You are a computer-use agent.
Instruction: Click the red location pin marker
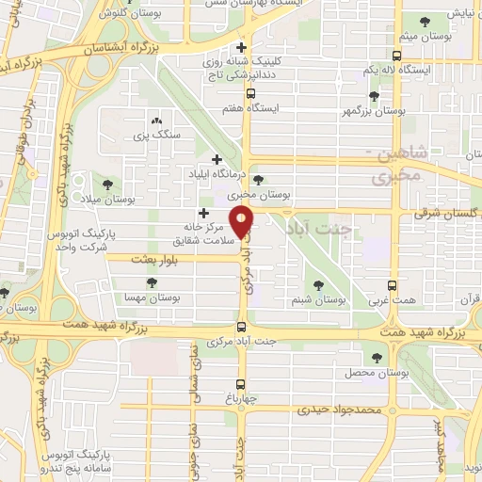point(243,221)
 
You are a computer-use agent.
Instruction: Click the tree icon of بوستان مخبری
point(259,181)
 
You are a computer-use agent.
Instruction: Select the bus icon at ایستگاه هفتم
point(250,94)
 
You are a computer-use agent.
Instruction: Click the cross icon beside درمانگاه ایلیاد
point(218,159)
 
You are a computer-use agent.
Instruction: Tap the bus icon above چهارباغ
point(242,383)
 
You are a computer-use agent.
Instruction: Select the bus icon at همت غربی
point(393,286)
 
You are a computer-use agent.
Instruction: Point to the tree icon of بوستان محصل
point(377,357)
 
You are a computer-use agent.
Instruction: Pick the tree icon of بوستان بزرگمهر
point(375,96)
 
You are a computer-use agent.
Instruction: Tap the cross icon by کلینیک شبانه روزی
point(243,47)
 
